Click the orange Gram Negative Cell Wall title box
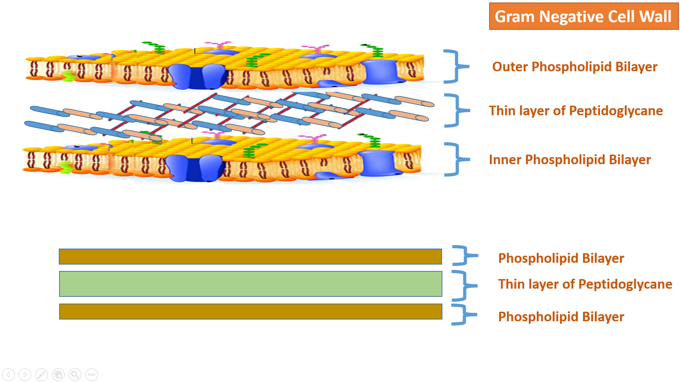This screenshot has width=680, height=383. pyautogui.click(x=583, y=16)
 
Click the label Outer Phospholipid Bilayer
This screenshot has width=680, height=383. pyautogui.click(x=574, y=67)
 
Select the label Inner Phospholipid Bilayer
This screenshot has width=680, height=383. pyautogui.click(x=569, y=160)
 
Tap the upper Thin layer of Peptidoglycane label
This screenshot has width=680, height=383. pyautogui.click(x=576, y=111)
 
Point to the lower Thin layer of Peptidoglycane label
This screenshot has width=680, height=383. pyautogui.click(x=585, y=284)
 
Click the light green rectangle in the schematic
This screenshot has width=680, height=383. pyautogui.click(x=250, y=284)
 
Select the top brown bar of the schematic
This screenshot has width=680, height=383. pyautogui.click(x=250, y=256)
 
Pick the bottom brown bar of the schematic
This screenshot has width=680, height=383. pyautogui.click(x=250, y=311)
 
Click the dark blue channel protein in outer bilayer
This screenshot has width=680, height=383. pyautogui.click(x=197, y=77)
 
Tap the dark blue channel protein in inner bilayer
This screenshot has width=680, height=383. pyautogui.click(x=194, y=168)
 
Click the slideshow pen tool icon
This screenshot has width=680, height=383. pyautogui.click(x=41, y=374)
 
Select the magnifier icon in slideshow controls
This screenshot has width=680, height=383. pyautogui.click(x=75, y=374)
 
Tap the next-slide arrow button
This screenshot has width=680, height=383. pyautogui.click(x=25, y=374)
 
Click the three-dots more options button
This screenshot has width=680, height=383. pyautogui.click(x=91, y=374)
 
